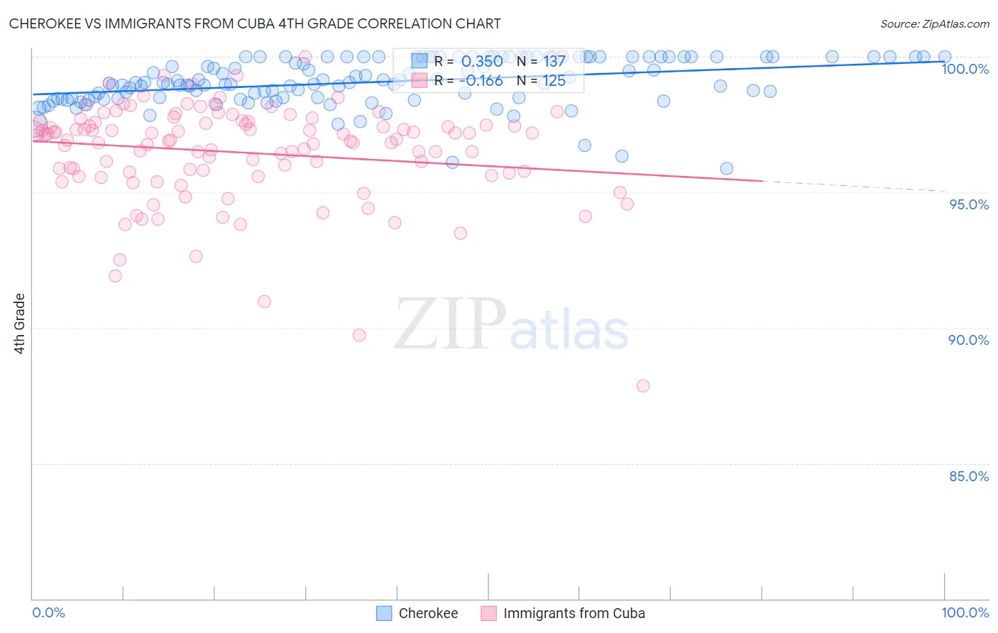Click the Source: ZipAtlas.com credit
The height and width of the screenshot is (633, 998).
pos(934,23)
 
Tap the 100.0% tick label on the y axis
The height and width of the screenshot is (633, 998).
pos(965,69)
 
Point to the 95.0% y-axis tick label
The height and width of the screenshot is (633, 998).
pos(969,204)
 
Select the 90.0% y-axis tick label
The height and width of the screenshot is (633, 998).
pos(968,340)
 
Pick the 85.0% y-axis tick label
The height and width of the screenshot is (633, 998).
pos(968,476)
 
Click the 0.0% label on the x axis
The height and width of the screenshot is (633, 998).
pos(48,612)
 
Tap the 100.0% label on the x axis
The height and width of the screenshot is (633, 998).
pos(965,612)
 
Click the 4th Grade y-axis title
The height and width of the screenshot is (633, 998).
pos(20,324)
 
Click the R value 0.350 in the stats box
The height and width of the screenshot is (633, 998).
pos(482,61)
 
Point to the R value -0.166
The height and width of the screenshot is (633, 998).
pos(481,81)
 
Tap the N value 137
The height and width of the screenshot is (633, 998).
pos(554,61)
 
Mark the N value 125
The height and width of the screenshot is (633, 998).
pos(554,81)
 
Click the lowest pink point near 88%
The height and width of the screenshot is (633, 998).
pos(643,386)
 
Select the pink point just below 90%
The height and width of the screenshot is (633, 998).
pos(359,335)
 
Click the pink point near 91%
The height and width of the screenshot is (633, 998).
pos(264,302)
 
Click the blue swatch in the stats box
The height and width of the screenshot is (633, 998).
pos(420,61)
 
